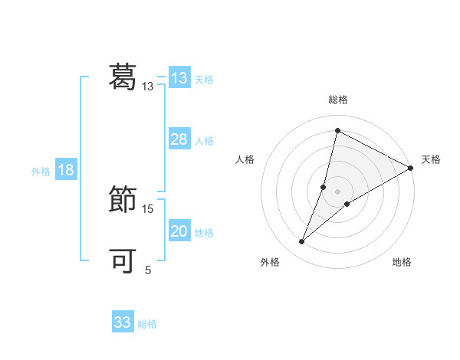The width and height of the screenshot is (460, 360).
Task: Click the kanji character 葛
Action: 123,76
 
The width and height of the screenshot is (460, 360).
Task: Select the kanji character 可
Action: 123,261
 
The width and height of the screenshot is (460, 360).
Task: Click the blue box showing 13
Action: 179,78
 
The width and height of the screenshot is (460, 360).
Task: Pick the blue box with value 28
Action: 179,139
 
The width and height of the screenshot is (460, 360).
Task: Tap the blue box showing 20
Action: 179,231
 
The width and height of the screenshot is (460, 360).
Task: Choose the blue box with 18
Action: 65,170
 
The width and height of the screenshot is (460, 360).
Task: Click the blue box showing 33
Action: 123,322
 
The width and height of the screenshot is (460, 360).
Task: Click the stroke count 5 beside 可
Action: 148,270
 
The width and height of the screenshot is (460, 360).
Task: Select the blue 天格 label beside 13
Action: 204,80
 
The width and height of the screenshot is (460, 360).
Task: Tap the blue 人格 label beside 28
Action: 204,141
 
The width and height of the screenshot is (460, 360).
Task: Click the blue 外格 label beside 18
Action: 41,172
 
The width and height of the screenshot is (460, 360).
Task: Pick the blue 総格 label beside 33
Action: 147,324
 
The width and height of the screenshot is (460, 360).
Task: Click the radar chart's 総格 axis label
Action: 337,100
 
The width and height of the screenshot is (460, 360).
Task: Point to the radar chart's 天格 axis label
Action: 431,159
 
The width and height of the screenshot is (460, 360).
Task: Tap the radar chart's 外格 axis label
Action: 270,262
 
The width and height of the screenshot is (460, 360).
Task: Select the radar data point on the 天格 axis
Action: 410,168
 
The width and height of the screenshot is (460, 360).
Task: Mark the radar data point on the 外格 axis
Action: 302,242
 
